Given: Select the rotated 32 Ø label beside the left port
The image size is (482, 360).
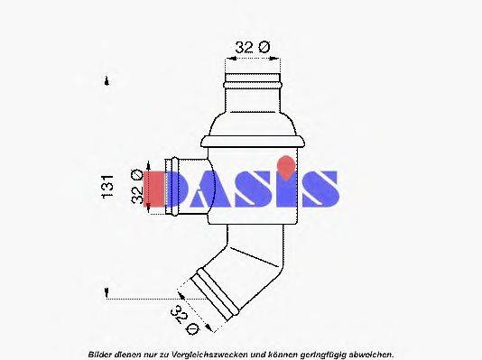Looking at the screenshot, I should click(x=137, y=189).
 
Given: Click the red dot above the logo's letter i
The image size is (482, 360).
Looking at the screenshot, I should click(x=284, y=164).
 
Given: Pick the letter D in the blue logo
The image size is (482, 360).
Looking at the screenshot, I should click(x=189, y=189).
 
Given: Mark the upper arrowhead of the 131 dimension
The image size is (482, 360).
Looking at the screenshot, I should click(x=108, y=79).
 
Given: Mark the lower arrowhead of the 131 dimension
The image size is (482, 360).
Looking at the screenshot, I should click(x=108, y=292).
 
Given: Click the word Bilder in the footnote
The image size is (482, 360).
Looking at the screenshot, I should click(x=100, y=354).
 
